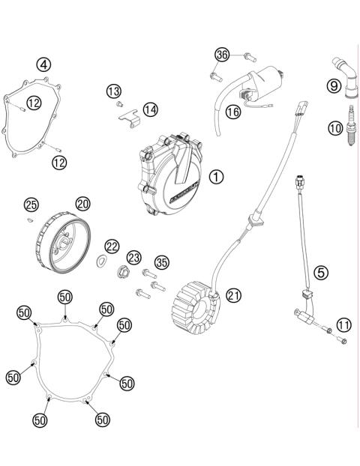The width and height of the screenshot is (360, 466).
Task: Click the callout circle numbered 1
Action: pos(216,177)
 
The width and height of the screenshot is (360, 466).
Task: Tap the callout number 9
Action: pos(334,86)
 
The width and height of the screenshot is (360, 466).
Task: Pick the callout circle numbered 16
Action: pos(232,111)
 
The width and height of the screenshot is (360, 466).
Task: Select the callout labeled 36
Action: pos(221,55)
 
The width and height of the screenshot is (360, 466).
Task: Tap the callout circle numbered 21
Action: pos(234,295)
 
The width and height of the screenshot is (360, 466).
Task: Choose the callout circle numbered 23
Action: pos(134,257)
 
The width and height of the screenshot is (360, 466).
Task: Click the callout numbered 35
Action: pos(160,261)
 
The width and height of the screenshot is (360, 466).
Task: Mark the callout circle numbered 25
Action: pos(31,205)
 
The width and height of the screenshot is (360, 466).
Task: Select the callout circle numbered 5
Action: pos(321,273)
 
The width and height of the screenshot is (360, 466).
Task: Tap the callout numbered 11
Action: pos(343,324)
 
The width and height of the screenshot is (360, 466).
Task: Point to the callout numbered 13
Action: pos(113,91)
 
